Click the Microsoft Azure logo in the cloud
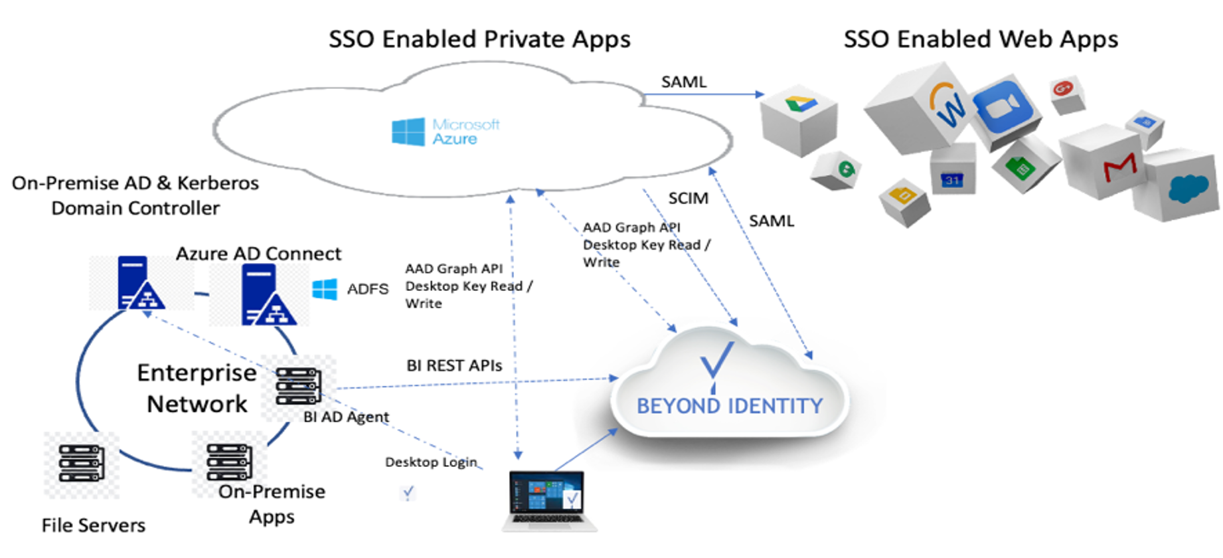[x=446, y=132]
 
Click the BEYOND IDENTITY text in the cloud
[x=729, y=406]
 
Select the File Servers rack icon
[x=81, y=463]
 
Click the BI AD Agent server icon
[x=298, y=387]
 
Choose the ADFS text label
[x=367, y=289]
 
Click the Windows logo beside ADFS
[x=325, y=289]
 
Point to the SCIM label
[x=688, y=198]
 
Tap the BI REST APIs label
[x=454, y=365]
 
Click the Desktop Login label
[x=431, y=462]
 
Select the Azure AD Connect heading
[x=258, y=253]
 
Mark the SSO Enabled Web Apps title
[x=980, y=39]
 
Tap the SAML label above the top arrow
[x=683, y=82]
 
